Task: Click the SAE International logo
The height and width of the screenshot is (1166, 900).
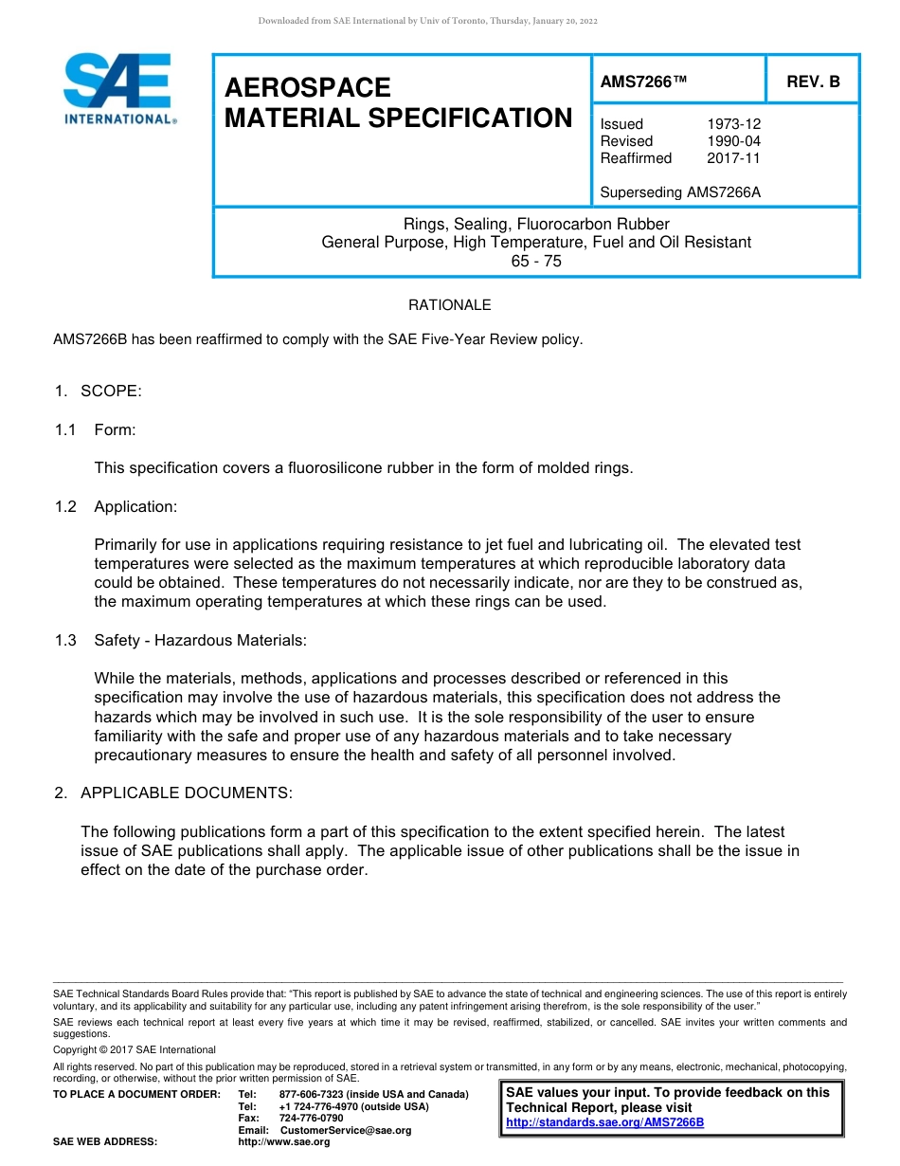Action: (x=118, y=89)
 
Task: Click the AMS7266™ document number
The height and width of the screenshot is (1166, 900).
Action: (x=643, y=82)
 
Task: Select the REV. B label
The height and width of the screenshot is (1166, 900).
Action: (x=813, y=82)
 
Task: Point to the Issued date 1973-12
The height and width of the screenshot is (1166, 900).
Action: (x=733, y=124)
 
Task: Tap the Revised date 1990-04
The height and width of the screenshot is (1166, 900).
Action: (x=733, y=141)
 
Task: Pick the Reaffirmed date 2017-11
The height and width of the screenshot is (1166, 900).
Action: (x=733, y=158)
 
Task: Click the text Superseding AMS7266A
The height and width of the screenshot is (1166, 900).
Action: (x=680, y=192)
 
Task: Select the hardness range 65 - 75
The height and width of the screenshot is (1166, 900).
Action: (x=536, y=261)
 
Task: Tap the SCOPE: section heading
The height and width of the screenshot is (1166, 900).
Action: (x=111, y=392)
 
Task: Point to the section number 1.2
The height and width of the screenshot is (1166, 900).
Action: (x=65, y=506)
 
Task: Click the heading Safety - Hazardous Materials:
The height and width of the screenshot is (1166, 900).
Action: (x=200, y=640)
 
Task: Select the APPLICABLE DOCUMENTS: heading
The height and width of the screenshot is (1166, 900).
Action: (x=187, y=793)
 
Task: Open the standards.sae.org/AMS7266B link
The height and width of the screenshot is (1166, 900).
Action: (x=604, y=1122)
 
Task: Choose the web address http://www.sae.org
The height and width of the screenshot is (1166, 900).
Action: (x=284, y=1141)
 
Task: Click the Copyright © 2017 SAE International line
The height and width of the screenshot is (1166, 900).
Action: (x=135, y=1049)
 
